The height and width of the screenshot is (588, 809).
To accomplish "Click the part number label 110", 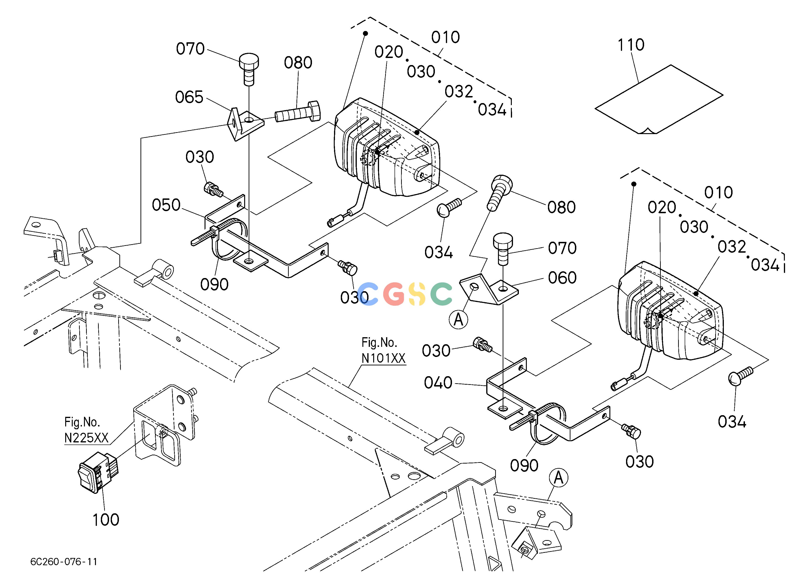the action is (x=631, y=45).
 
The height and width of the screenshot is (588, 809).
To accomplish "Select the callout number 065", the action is (x=189, y=97).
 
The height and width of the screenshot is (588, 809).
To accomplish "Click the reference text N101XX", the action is (x=384, y=358).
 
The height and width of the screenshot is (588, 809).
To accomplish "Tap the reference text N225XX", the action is (x=86, y=438).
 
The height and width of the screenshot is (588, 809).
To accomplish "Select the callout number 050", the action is (x=166, y=205).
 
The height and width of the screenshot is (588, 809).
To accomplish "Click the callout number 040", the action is (x=438, y=383).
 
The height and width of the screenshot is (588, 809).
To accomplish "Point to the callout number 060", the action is (x=562, y=278).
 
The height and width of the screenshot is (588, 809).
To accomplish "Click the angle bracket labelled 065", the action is (x=246, y=124).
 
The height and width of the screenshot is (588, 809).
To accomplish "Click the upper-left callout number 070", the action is (x=190, y=49).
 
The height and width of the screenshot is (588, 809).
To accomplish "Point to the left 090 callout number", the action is (x=214, y=285).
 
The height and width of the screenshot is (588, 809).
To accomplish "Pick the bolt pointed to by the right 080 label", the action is (x=499, y=193).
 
